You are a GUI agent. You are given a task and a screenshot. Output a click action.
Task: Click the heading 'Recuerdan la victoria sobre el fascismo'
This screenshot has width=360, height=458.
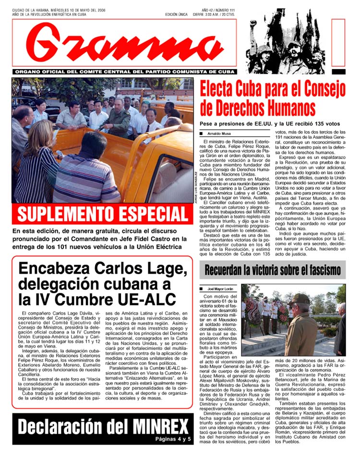272,270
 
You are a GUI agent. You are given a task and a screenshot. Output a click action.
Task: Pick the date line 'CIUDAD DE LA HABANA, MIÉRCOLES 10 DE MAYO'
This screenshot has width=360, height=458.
58,10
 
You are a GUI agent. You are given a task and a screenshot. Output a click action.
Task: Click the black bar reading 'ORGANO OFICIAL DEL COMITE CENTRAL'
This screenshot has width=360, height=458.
125,72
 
